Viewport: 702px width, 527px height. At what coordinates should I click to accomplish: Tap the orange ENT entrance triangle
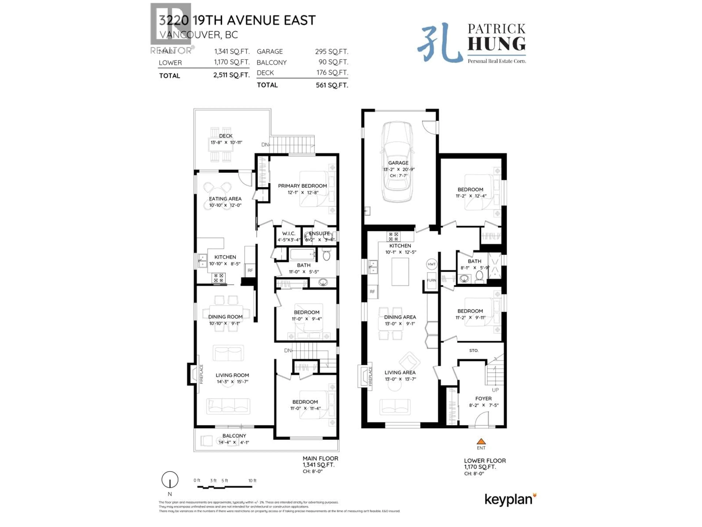click(481, 441)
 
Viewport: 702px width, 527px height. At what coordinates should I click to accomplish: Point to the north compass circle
click(170, 479)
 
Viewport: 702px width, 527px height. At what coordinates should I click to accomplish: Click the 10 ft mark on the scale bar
click(252, 481)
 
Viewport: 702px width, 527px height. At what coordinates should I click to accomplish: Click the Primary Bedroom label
click(302, 186)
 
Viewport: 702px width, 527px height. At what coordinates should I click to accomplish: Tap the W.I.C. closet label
click(288, 233)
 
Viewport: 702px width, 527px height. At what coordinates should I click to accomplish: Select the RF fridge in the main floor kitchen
click(250, 270)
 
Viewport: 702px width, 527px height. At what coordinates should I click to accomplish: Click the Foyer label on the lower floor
click(483, 398)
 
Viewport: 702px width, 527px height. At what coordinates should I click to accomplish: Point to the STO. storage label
click(473, 350)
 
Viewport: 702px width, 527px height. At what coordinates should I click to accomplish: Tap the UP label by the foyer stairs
click(495, 390)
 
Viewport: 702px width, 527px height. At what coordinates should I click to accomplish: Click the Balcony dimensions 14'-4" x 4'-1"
click(234, 442)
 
